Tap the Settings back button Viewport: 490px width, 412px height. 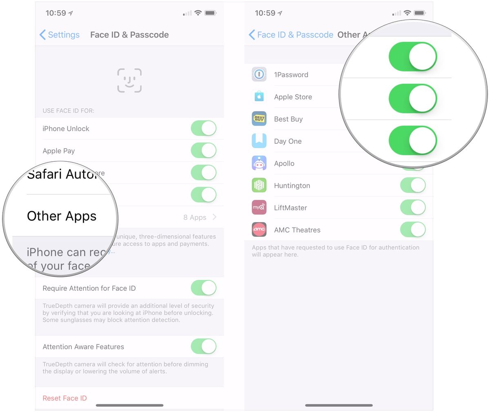[x=60, y=35]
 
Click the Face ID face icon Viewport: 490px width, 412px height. [x=129, y=80]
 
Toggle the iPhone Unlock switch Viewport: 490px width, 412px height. [x=203, y=128]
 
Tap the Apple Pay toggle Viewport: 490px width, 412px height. [x=203, y=150]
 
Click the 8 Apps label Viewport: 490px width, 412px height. [x=195, y=217]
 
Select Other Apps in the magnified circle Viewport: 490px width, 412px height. [x=62, y=216]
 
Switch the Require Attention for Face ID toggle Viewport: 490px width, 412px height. [x=203, y=288]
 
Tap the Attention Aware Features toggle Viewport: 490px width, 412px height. [x=203, y=346]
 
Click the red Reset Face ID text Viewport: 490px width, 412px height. [x=65, y=398]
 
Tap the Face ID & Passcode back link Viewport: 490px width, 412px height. [x=291, y=35]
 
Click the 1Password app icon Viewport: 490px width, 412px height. [x=259, y=74]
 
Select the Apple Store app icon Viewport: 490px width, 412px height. [x=259, y=97]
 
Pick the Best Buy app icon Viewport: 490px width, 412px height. [x=259, y=119]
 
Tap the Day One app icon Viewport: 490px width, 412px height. [x=259, y=141]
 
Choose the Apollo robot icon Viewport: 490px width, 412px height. [x=259, y=163]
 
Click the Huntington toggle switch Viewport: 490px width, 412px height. [x=413, y=185]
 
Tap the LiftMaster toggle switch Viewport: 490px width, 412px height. [x=413, y=207]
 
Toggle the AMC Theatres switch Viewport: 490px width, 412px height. [x=413, y=229]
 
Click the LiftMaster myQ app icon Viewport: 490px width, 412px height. [x=259, y=207]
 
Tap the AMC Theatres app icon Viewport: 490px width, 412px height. [x=259, y=229]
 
